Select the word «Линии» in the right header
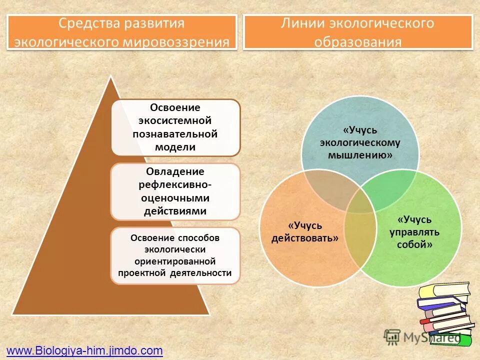point(300,23)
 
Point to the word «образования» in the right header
point(358,41)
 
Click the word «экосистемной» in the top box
point(175,121)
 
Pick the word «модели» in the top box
point(175,147)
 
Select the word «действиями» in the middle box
point(175,211)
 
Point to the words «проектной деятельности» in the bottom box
point(175,273)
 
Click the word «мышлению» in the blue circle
point(359,155)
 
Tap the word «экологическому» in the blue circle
point(360,143)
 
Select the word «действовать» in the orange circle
point(305,238)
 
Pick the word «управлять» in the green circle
point(414,232)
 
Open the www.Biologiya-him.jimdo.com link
point(84,350)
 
